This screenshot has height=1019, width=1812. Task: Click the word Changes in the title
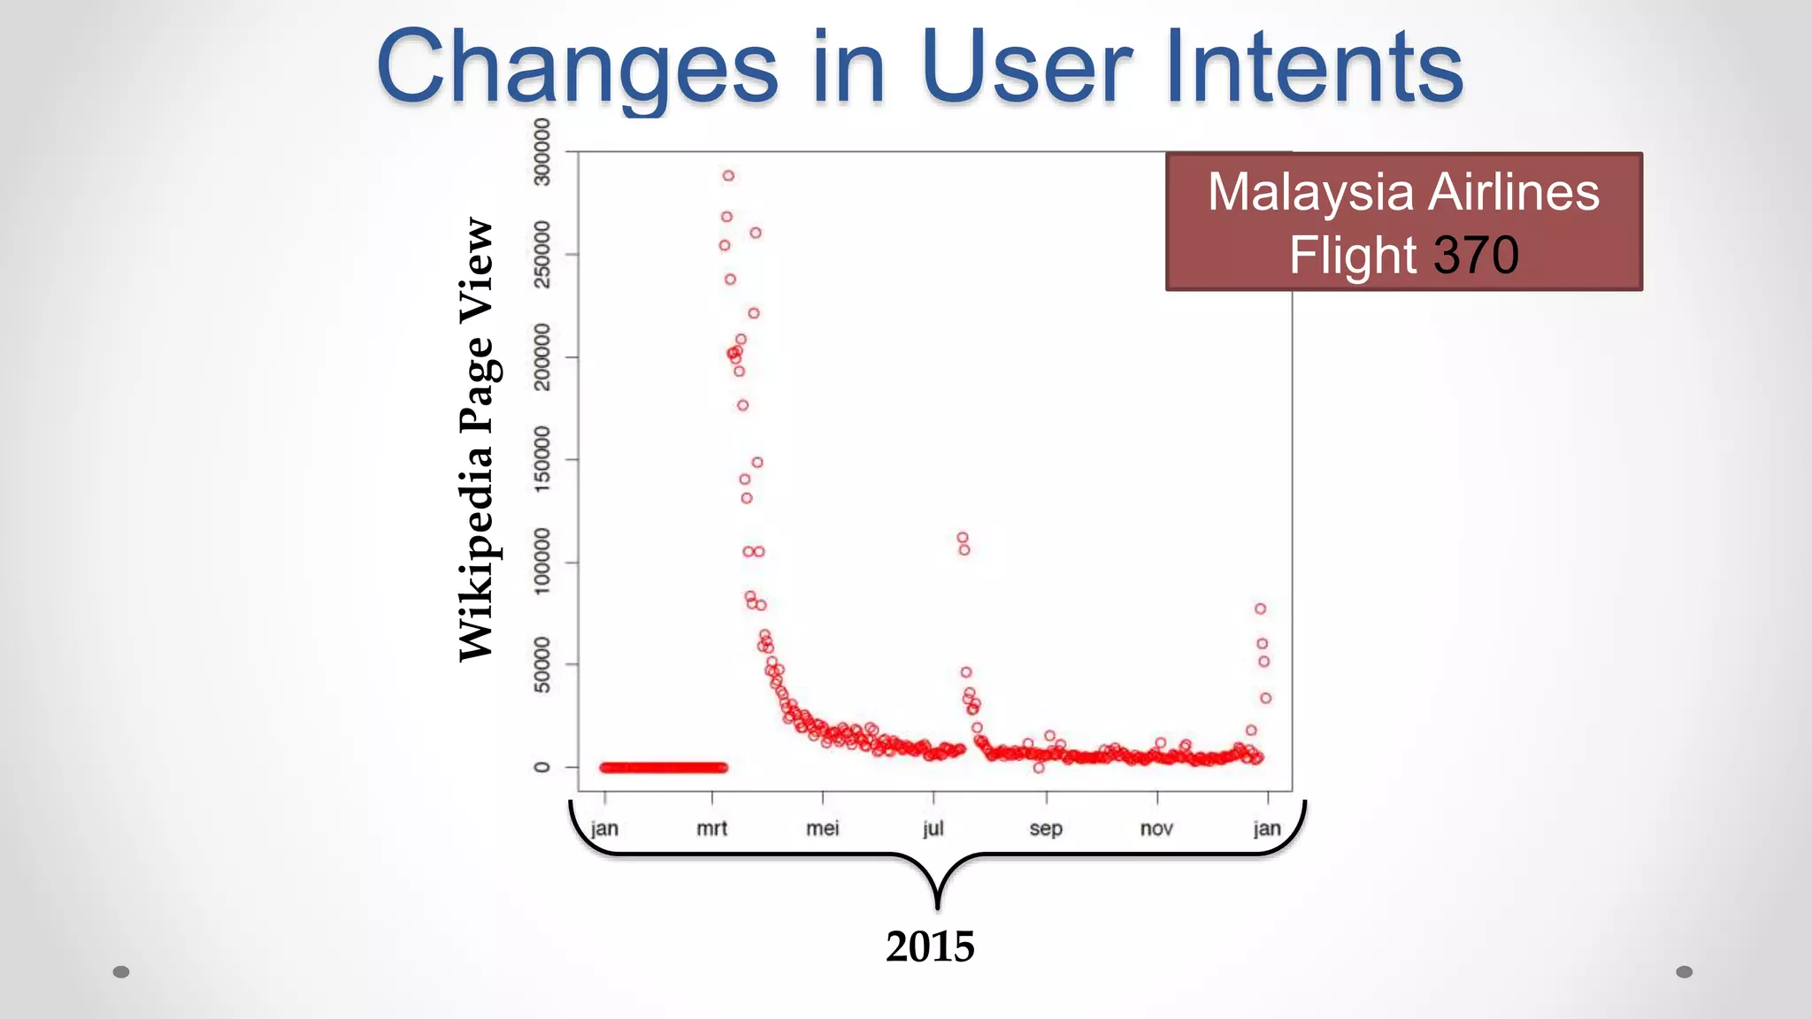577,67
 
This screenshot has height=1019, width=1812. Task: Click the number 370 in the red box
1476,256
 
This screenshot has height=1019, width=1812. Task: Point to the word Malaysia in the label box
1316,192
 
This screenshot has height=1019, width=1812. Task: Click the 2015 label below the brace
930,946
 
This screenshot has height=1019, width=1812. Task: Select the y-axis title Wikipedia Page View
477,440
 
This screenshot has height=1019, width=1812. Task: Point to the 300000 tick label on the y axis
541,152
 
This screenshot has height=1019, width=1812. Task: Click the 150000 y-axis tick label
541,459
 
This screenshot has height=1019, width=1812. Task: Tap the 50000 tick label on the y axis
541,664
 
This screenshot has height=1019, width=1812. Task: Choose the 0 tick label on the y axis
541,767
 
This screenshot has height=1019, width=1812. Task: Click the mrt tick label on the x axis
711,829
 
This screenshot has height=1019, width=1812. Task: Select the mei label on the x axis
822,829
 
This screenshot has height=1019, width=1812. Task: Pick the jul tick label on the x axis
933,829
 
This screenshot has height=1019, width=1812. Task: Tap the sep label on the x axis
1046,829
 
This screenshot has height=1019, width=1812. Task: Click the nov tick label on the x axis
1156,829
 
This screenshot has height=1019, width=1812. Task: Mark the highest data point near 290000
728,176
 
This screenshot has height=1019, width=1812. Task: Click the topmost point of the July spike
963,538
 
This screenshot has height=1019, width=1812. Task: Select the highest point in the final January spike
1260,609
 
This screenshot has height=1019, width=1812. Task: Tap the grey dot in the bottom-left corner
121,972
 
